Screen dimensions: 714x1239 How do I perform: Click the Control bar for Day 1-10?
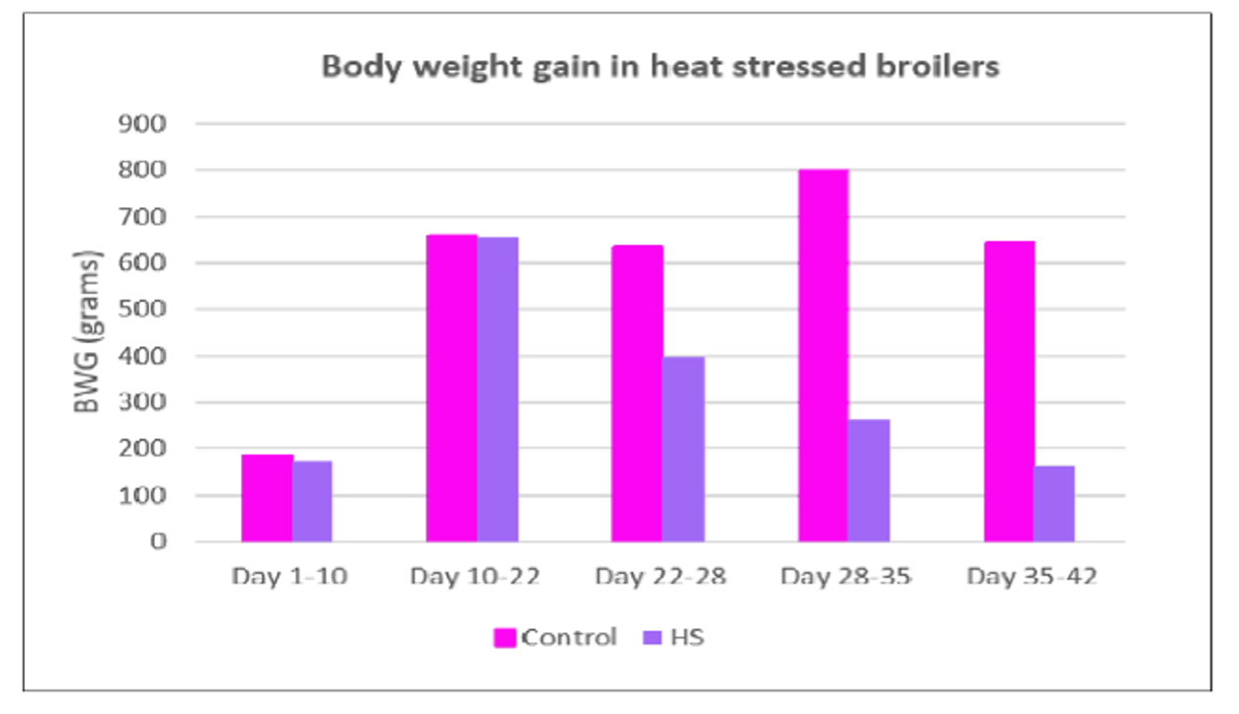click(x=267, y=498)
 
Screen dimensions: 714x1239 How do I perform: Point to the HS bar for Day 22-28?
click(x=683, y=449)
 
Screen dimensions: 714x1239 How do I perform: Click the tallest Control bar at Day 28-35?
click(x=823, y=355)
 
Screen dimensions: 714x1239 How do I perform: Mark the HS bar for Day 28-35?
click(x=869, y=480)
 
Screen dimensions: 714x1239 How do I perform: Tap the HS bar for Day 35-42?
click(x=1054, y=503)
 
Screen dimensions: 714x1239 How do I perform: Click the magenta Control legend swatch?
click(x=504, y=638)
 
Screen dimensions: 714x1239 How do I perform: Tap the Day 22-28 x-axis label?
click(x=660, y=576)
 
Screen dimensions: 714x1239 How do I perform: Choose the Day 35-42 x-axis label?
click(x=1032, y=576)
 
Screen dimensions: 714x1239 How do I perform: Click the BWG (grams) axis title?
click(x=90, y=332)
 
